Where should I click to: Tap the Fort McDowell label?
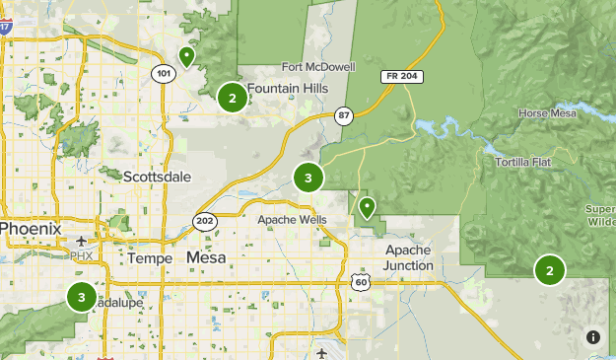(317, 67)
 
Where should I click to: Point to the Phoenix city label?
(31, 229)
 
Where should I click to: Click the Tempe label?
(150, 257)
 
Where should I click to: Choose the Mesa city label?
(205, 257)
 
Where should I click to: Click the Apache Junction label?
(409, 257)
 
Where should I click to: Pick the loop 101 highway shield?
(163, 73)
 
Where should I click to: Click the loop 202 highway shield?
(204, 220)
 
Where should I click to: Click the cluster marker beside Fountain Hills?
(233, 97)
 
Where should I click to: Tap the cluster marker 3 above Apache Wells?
(308, 178)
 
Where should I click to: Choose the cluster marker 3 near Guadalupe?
(81, 296)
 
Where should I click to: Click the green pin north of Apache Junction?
(367, 207)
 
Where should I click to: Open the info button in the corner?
(593, 337)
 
